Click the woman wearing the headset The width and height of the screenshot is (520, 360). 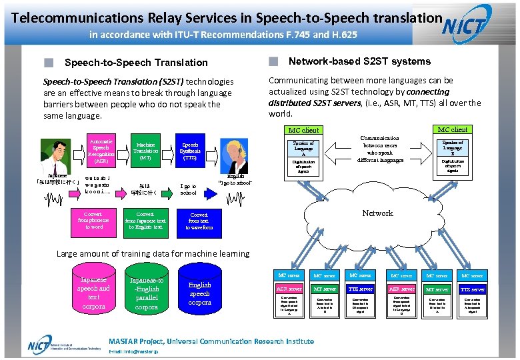pos(235,155)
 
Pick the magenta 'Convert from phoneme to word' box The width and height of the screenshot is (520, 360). pos(94,221)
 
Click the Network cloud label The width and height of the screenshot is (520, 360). pos(377,213)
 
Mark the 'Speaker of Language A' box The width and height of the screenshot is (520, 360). pos(303,147)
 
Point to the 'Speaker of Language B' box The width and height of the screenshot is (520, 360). pos(453,147)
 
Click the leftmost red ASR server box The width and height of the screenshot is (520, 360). pos(289,289)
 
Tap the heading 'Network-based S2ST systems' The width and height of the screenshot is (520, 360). pos(359,61)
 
